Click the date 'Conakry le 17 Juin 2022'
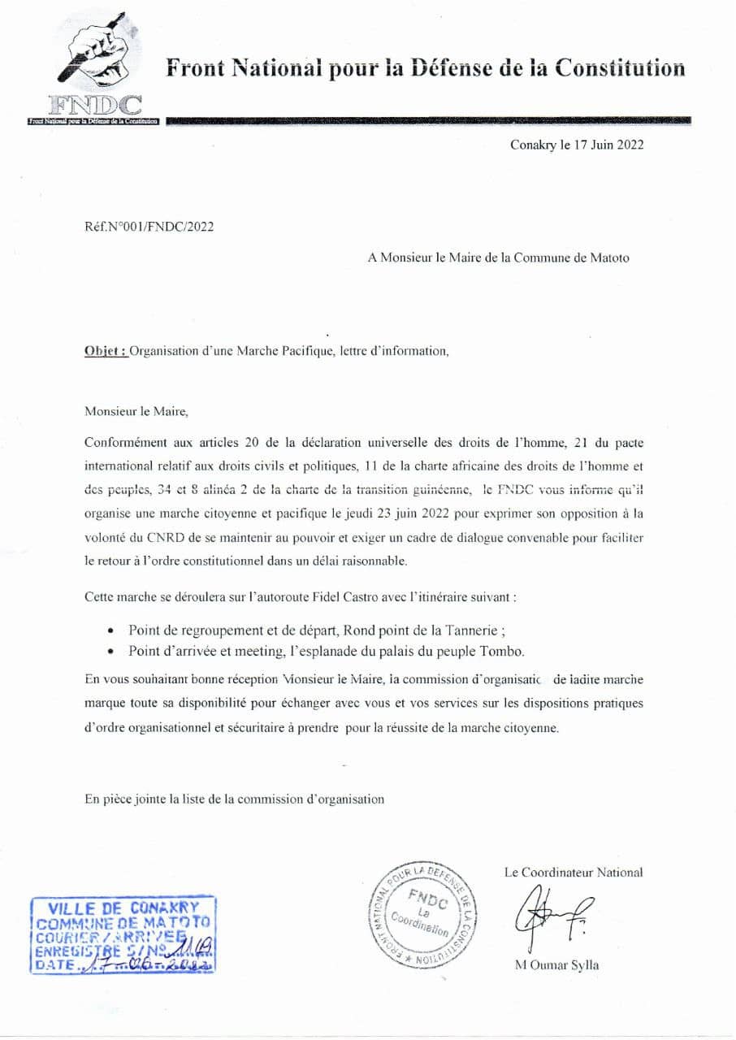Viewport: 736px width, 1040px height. (578, 145)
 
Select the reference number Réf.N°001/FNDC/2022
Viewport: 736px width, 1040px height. (149, 227)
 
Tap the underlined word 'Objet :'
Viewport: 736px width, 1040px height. (106, 352)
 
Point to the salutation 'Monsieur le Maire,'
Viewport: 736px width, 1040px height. (136, 411)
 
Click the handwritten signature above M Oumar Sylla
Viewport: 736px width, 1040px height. (552, 914)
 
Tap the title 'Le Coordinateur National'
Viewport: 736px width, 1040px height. (573, 873)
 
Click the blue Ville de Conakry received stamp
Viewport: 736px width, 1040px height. (123, 937)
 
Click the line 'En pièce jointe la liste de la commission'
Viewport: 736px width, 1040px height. (234, 799)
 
